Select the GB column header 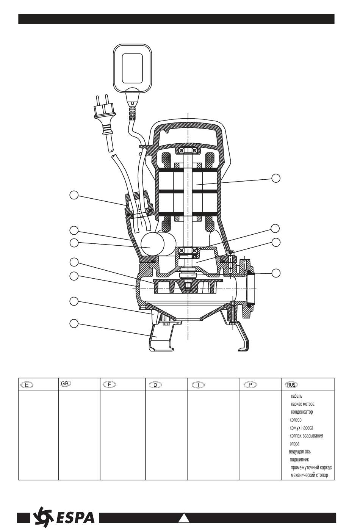pyautogui.click(x=66, y=384)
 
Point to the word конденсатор pyautogui.click(x=302, y=412)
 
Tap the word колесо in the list pyautogui.click(x=295, y=420)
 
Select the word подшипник pyautogui.click(x=299, y=459)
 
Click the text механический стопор pyautogui.click(x=309, y=475)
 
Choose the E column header pyautogui.click(x=27, y=384)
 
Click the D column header pyautogui.click(x=155, y=384)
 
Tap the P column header pyautogui.click(x=250, y=384)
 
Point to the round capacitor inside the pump pyautogui.click(x=151, y=244)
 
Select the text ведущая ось pyautogui.click(x=300, y=452)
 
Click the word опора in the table pyautogui.click(x=294, y=444)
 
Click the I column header pyautogui.click(x=198, y=384)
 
